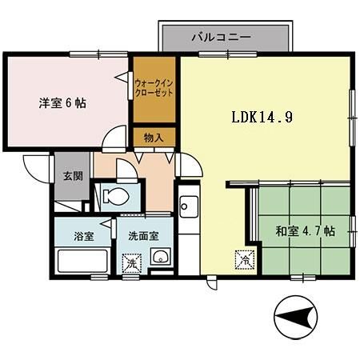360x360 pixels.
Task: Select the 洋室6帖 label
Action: click(x=63, y=103)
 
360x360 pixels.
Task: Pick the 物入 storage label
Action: click(x=154, y=138)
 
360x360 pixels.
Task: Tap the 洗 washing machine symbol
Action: click(x=129, y=261)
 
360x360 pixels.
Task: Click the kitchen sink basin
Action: click(x=189, y=210)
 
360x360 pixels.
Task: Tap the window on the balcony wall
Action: click(x=216, y=54)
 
